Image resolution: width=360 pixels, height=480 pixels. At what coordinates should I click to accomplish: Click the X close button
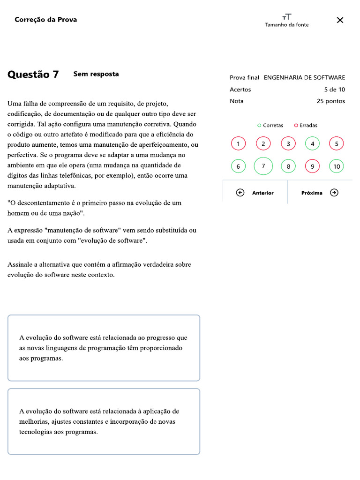point(340,20)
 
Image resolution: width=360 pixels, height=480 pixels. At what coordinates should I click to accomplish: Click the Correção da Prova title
point(46,20)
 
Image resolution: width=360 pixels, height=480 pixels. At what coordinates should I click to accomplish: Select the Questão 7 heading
point(33,75)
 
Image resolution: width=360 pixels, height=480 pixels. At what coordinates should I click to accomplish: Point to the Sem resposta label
point(96,74)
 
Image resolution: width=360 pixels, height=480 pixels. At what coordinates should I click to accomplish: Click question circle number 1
point(238,144)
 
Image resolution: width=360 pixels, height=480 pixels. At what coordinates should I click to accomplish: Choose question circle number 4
point(312,144)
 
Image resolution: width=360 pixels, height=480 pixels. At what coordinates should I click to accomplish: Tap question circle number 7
point(263,166)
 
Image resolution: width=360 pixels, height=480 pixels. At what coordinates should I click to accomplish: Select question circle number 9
point(312,166)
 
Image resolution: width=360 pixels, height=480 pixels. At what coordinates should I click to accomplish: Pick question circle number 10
point(337,166)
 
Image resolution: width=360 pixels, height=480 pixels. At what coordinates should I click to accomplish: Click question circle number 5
point(337,144)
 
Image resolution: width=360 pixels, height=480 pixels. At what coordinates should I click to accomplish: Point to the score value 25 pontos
point(331,101)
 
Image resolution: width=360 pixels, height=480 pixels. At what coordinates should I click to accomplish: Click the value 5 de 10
point(335,90)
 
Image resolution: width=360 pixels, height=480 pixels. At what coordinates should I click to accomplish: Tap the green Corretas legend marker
point(259,126)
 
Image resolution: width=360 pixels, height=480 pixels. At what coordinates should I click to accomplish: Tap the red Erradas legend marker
point(296,126)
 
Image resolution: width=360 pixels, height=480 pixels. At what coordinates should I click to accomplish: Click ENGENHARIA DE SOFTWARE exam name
point(304,78)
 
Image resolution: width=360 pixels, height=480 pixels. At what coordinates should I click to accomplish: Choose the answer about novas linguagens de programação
point(104,348)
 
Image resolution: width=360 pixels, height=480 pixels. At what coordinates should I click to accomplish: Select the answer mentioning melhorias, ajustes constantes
point(104,421)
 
